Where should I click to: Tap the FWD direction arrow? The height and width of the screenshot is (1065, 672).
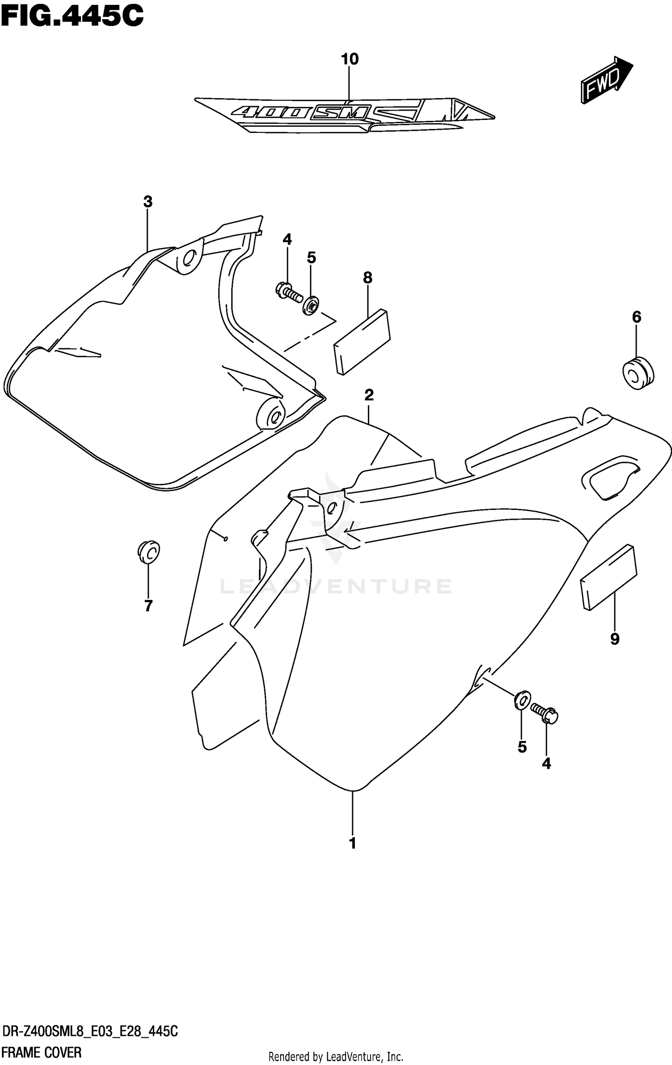point(606,80)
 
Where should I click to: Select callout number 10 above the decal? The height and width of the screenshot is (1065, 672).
point(350,59)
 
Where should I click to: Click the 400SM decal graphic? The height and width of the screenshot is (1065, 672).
point(345,114)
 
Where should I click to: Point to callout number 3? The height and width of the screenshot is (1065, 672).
point(148,202)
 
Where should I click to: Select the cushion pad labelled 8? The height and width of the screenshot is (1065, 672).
point(362,342)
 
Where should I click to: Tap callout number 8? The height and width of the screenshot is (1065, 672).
point(367,278)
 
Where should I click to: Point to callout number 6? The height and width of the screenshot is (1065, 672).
point(637,317)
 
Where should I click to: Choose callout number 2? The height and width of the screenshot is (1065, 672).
point(369,395)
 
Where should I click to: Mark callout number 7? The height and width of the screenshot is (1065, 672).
point(148,606)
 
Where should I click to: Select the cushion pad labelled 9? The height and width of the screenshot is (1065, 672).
point(608,577)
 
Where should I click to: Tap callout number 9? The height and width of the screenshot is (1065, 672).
point(615,639)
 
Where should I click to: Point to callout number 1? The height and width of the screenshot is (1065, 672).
point(353,843)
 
